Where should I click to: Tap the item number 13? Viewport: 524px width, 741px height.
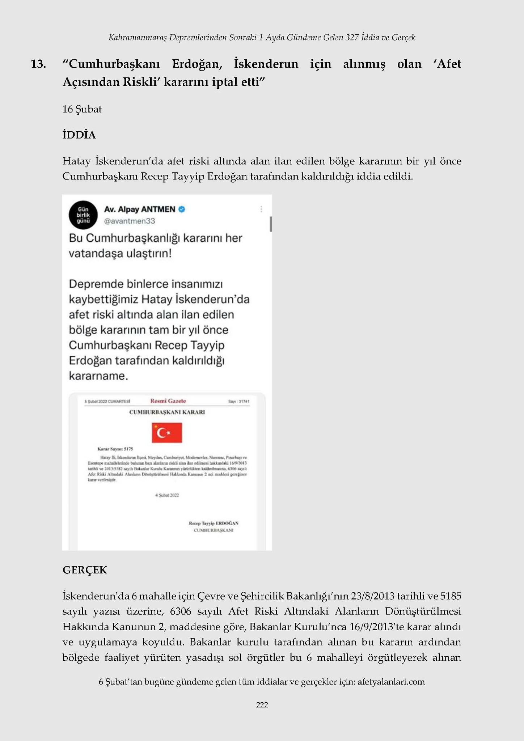[38, 64]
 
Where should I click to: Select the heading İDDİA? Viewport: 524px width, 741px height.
[79, 135]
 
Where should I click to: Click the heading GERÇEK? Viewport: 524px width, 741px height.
[85, 570]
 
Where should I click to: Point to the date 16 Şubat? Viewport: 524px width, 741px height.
[82, 109]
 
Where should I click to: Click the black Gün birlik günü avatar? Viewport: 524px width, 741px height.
[83, 215]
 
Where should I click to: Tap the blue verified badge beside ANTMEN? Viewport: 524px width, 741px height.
[182, 209]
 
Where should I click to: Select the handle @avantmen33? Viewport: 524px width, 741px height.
[129, 221]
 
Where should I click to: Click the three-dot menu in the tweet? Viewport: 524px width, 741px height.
[261, 209]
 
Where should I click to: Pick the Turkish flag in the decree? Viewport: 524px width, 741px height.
[167, 433]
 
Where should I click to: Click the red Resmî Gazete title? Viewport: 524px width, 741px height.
[168, 401]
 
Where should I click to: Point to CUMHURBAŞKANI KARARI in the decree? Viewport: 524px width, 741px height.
[167, 412]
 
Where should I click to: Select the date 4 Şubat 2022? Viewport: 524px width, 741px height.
[167, 495]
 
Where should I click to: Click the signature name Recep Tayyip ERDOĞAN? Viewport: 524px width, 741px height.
[214, 523]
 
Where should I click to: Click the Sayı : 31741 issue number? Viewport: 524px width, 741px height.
[238, 402]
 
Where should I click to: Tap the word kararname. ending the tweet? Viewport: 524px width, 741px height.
[98, 376]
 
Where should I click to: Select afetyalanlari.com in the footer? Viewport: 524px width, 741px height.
[391, 682]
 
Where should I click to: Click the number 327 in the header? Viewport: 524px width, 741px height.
[352, 37]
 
